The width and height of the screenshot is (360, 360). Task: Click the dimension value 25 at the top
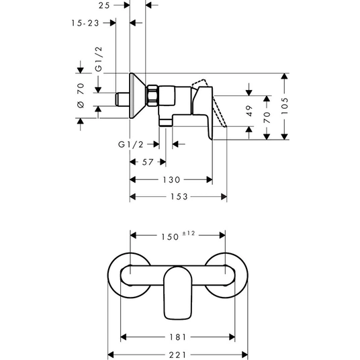(x=105, y=5)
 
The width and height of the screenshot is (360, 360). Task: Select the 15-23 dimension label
(x=85, y=23)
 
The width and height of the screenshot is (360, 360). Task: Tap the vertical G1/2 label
(x=99, y=59)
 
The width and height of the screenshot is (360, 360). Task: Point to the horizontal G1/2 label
(x=131, y=144)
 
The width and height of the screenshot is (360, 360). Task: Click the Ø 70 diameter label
(x=81, y=95)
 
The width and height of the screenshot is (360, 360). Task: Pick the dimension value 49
(x=249, y=111)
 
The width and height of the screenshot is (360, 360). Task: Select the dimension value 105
(x=285, y=106)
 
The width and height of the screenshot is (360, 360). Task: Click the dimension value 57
(x=148, y=162)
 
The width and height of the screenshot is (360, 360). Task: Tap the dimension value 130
(x=171, y=179)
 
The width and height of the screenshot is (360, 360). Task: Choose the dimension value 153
(x=179, y=197)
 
